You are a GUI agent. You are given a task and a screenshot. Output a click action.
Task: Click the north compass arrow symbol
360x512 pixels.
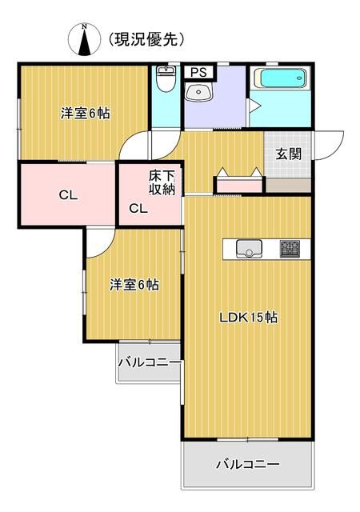click(x=83, y=41)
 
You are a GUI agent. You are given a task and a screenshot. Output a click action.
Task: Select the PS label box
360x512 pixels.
click(x=197, y=72)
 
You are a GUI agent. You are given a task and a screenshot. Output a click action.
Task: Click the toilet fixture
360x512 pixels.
click(x=166, y=81)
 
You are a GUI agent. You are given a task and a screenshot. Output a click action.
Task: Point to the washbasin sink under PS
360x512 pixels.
click(x=198, y=94)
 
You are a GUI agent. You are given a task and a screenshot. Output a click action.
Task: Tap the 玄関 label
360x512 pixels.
click(x=289, y=154)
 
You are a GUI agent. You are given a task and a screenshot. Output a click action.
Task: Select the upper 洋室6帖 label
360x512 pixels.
click(x=85, y=113)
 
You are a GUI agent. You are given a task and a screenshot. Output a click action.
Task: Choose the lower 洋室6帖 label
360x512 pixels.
click(x=134, y=284)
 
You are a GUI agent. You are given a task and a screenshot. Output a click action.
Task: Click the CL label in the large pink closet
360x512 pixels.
click(x=66, y=194)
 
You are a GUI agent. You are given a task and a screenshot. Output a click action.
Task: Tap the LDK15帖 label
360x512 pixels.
click(x=249, y=317)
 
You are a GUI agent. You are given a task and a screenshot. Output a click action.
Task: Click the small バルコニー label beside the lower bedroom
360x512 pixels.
click(x=150, y=362)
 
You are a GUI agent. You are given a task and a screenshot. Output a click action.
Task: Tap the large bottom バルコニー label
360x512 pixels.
click(x=247, y=464)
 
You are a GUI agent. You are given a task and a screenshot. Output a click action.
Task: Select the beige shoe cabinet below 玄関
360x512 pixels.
click(x=289, y=183)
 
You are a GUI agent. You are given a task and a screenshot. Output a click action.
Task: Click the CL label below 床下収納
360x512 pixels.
click(x=138, y=209)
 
